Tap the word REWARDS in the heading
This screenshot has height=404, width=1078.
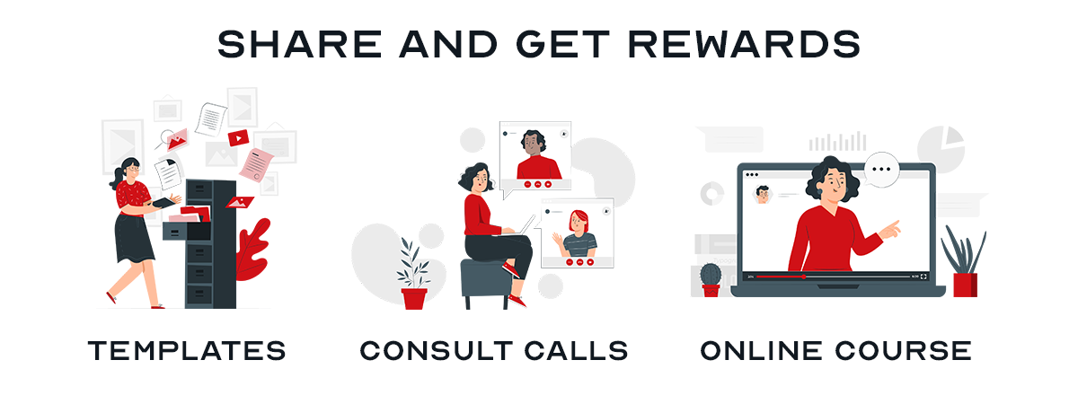(x=744, y=44)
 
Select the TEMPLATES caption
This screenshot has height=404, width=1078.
(x=187, y=351)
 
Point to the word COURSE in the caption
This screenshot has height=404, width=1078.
(x=903, y=351)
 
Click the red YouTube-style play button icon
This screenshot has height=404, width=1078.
(x=238, y=137)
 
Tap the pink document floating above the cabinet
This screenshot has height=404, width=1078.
(x=257, y=165)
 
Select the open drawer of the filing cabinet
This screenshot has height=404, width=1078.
(x=187, y=230)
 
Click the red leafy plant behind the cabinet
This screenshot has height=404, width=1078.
(x=252, y=250)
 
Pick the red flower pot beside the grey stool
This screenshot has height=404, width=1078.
(x=414, y=298)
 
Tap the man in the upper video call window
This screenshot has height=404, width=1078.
(x=535, y=154)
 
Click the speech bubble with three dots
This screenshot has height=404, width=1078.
(x=881, y=170)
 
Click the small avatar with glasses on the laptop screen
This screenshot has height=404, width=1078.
(x=762, y=195)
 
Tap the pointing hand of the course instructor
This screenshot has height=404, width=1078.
(x=890, y=230)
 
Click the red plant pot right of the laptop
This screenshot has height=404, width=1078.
(x=966, y=285)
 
